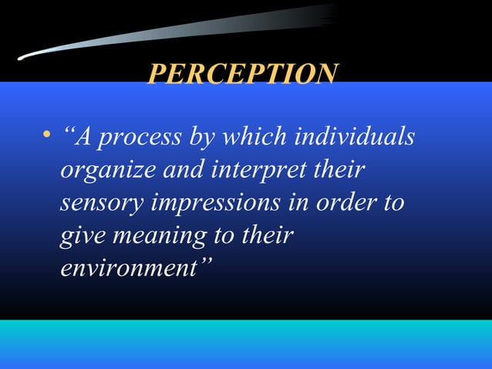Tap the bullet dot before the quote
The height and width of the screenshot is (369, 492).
point(48,137)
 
